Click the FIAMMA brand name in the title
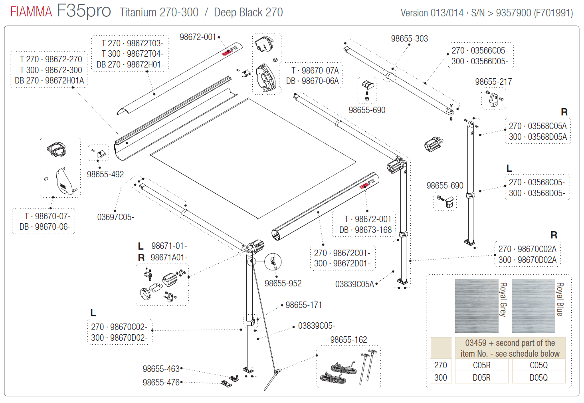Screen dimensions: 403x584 (31, 12)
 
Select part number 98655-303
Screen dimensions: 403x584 (409, 39)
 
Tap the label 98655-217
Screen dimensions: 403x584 (493, 82)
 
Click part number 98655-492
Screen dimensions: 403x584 (105, 175)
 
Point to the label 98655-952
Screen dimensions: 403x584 (283, 284)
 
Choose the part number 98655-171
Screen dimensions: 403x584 (303, 305)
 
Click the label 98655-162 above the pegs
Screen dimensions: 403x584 (348, 340)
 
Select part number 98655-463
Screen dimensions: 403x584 (161, 369)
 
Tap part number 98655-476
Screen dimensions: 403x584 (161, 383)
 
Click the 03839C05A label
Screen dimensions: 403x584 (354, 284)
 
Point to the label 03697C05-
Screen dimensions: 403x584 (116, 217)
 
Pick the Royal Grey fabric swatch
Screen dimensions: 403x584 (477, 306)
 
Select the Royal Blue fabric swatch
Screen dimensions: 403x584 (533, 306)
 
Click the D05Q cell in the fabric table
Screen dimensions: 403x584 (538, 378)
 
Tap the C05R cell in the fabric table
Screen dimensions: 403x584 (482, 365)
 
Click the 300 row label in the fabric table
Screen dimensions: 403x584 (441, 378)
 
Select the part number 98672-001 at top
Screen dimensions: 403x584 (198, 37)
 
